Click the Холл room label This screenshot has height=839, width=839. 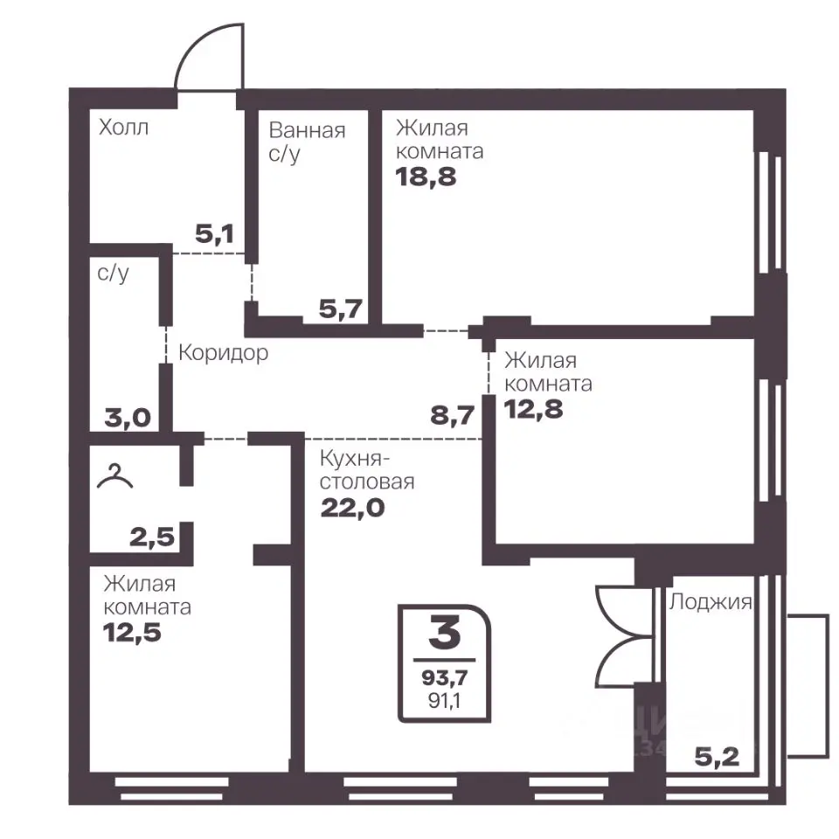[123, 128]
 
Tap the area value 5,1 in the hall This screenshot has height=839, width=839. [215, 234]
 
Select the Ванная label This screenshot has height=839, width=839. [307, 130]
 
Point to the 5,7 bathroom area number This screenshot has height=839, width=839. [341, 309]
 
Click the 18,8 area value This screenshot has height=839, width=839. [426, 177]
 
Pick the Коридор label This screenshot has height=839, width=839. [223, 353]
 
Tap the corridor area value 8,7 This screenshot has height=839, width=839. [453, 415]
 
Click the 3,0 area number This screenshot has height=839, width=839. [128, 418]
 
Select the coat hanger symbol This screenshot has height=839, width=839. [114, 477]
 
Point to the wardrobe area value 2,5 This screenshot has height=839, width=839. [152, 537]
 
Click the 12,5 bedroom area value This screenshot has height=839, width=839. [132, 633]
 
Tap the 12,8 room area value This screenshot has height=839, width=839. [533, 409]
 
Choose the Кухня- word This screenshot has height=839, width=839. [355, 459]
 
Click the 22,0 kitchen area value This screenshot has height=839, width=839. [352, 507]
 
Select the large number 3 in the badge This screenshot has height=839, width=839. [445, 633]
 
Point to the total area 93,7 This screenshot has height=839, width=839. [445, 677]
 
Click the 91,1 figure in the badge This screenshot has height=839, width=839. [444, 700]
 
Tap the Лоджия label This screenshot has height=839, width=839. [711, 602]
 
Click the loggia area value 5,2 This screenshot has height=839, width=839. [717, 757]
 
